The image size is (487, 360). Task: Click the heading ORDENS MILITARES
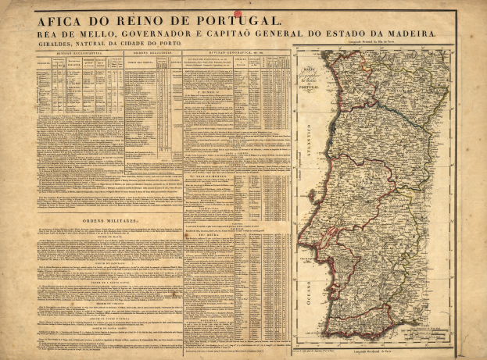[114, 222]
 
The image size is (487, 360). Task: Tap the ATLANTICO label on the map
[309, 144]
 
